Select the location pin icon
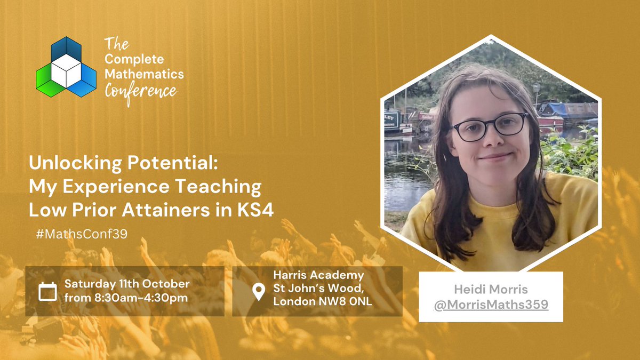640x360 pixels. pyautogui.click(x=258, y=292)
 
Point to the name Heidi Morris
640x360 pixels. pyautogui.click(x=491, y=290)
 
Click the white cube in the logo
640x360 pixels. pyautogui.click(x=66, y=71)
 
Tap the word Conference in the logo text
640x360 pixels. pyautogui.click(x=140, y=91)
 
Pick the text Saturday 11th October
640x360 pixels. pyautogui.click(x=127, y=283)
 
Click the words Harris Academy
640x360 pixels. pyautogui.click(x=318, y=276)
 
